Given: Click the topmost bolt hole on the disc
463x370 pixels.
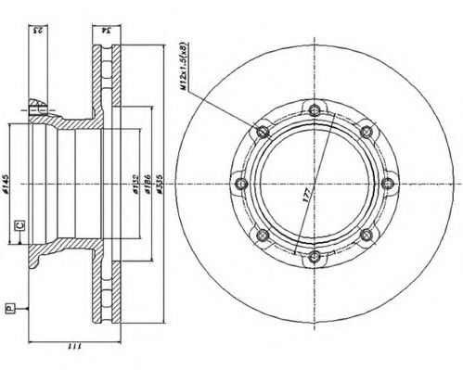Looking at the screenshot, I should [315, 111].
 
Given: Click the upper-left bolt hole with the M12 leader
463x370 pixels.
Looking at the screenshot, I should [264, 133].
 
